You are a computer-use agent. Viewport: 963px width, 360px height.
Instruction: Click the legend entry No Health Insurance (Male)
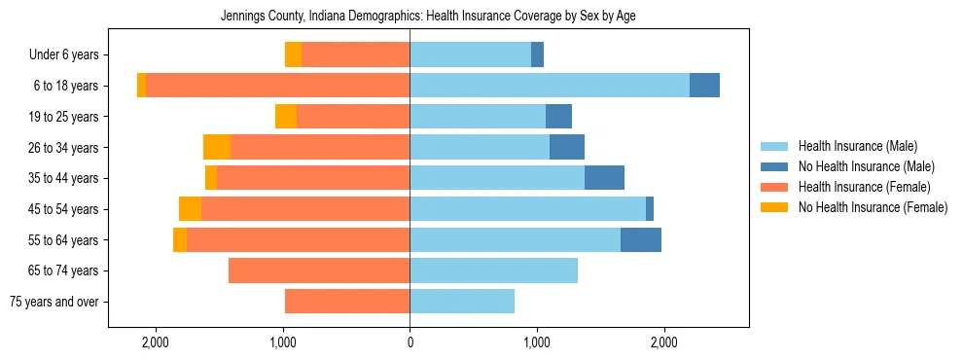pos(866,166)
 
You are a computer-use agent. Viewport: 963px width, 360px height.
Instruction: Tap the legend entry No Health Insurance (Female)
pos(873,207)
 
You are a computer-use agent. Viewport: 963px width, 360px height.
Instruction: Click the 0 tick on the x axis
pos(410,342)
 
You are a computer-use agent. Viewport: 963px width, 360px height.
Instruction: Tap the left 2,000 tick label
pos(156,342)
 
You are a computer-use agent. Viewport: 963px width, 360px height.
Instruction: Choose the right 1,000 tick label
pos(537,342)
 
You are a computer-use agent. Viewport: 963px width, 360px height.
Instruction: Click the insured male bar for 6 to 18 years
pos(550,86)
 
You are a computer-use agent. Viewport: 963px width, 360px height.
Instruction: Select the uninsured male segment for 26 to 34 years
pos(567,147)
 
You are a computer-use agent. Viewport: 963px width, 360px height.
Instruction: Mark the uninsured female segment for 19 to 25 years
pos(286,117)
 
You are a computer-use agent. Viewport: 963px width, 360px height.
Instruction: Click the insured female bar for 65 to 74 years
pos(319,270)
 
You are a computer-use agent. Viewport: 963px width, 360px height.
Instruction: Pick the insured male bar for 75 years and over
pos(462,302)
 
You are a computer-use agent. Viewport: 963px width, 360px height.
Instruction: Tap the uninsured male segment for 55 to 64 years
pos(641,239)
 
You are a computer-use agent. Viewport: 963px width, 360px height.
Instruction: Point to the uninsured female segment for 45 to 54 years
pos(190,209)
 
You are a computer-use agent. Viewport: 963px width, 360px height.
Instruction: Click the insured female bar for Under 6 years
pos(355,54)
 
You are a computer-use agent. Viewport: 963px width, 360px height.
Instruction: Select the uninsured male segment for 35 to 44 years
pos(604,178)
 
